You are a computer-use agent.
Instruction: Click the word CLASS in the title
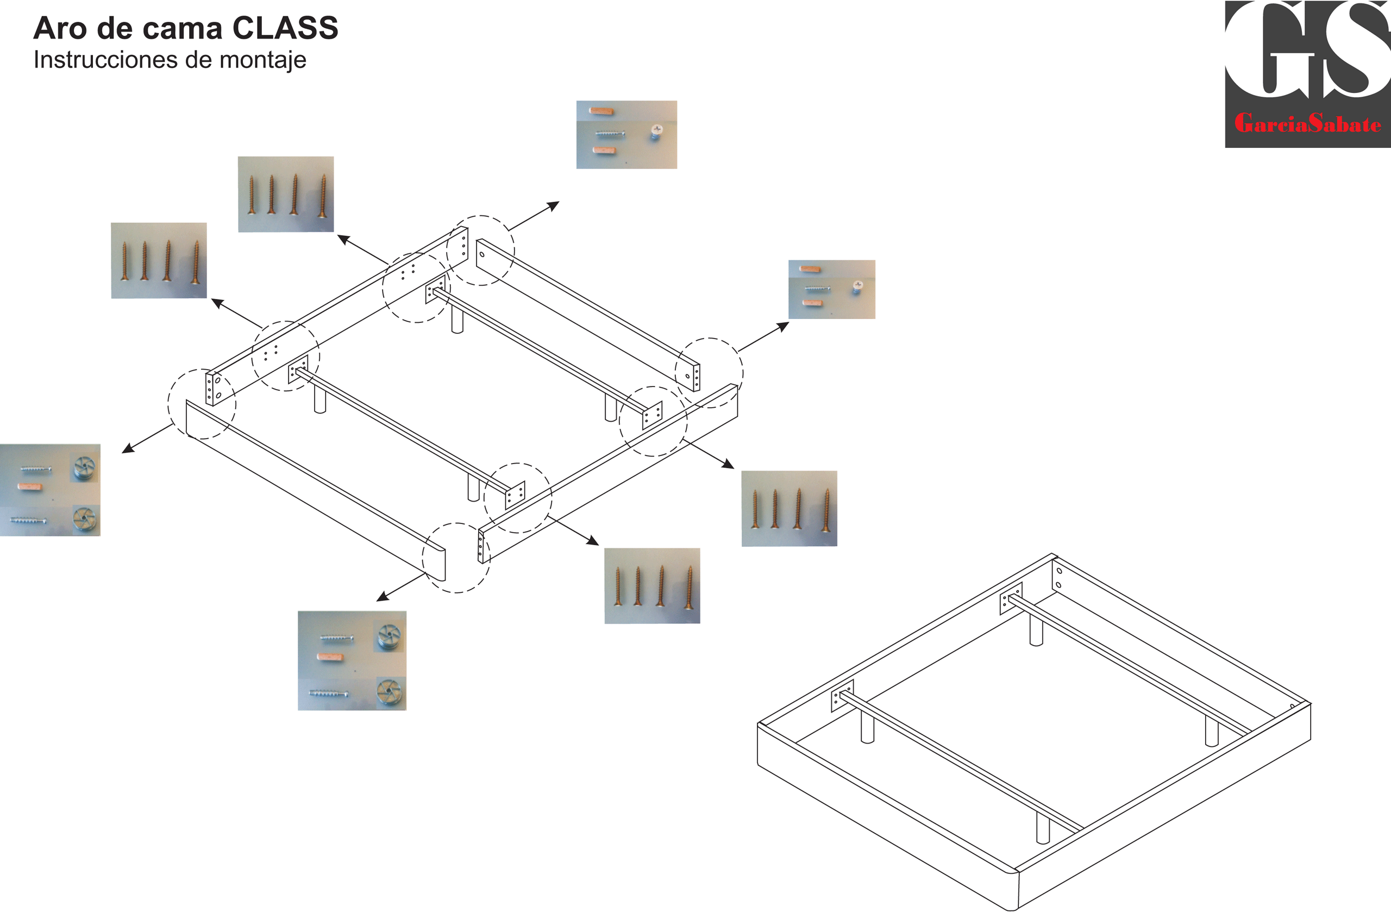tap(285, 28)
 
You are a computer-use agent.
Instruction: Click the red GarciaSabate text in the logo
tap(1307, 124)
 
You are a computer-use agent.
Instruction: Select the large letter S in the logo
tap(1355, 50)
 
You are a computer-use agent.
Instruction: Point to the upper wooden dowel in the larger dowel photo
tap(601, 111)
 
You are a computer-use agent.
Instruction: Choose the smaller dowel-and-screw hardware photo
tap(831, 289)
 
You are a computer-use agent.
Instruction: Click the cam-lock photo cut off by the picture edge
tap(50, 490)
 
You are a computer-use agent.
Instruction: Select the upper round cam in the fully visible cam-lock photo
tap(389, 636)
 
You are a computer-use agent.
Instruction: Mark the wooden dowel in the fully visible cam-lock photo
tap(330, 657)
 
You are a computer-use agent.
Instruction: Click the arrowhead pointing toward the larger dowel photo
tap(553, 205)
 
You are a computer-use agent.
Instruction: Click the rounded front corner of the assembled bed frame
tap(1014, 890)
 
